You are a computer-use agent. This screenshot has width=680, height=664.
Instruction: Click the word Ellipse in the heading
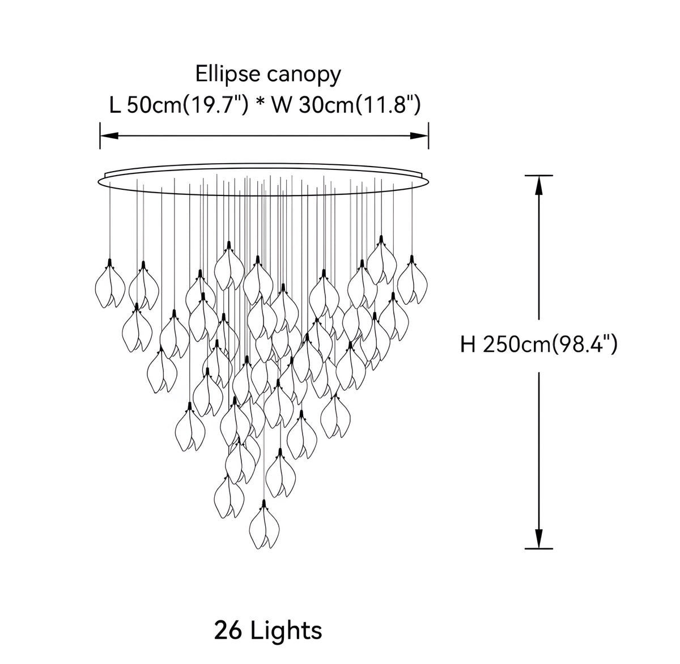(x=228, y=74)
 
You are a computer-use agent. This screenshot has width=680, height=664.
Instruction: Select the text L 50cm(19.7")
(x=178, y=105)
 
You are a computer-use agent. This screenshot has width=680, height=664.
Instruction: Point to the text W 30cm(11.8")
(x=346, y=105)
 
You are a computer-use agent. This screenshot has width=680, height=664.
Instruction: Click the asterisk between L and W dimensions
(x=260, y=103)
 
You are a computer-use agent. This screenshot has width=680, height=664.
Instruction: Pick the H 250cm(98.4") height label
(x=538, y=345)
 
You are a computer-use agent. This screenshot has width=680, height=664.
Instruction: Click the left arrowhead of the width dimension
(x=109, y=136)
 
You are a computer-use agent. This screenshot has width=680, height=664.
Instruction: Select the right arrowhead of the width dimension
(x=419, y=136)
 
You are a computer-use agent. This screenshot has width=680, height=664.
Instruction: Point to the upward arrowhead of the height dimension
(x=538, y=185)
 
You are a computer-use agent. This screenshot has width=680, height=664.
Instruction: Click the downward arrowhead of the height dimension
(x=538, y=539)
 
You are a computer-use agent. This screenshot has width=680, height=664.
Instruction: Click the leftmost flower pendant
(x=110, y=284)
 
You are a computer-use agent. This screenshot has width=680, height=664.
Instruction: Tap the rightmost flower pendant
(x=413, y=280)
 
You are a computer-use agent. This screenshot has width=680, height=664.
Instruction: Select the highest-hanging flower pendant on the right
(x=381, y=260)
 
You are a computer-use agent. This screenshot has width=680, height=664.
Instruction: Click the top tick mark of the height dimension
(x=538, y=175)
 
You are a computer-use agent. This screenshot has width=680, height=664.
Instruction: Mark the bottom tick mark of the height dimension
(x=538, y=549)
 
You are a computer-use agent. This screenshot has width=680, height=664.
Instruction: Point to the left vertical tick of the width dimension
(x=100, y=136)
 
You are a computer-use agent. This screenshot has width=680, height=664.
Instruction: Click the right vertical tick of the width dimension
(x=428, y=136)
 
